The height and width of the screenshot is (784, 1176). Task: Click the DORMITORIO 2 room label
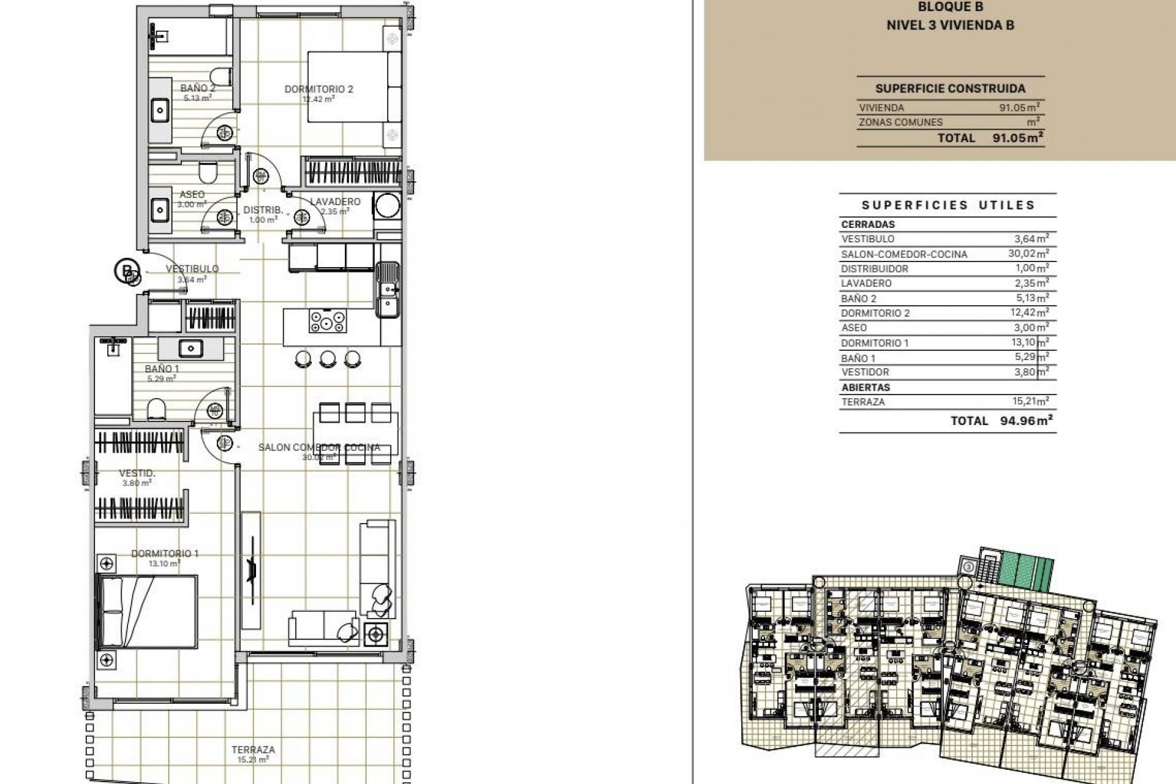[x=318, y=89]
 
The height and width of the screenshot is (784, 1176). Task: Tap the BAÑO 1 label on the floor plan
[x=162, y=369]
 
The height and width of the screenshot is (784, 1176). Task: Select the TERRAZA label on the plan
[x=253, y=750]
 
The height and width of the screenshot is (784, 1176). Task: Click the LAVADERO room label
[x=335, y=202]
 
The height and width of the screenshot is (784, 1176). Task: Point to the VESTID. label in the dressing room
[x=137, y=473]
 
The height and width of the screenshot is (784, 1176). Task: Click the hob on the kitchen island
[x=327, y=321]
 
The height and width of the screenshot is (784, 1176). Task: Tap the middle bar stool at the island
[x=328, y=359]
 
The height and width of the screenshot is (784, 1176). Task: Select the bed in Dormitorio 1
[x=148, y=611]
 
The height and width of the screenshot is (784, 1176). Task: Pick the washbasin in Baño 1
[x=190, y=349]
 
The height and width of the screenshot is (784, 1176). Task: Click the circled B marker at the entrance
[x=126, y=270]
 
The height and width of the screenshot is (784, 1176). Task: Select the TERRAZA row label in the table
[x=862, y=402]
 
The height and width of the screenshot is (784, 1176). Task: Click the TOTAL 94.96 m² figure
[x=1031, y=421]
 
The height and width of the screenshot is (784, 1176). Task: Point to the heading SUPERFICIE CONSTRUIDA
[x=950, y=89]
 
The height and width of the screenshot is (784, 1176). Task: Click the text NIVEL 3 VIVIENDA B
[x=950, y=25]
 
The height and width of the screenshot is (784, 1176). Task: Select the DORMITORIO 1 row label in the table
[x=875, y=343]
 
